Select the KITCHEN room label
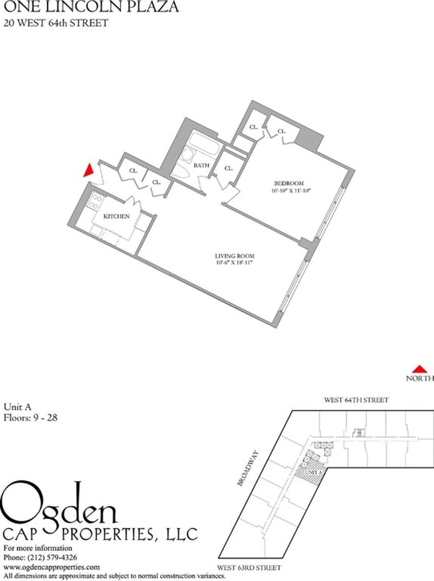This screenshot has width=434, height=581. coord(117,217)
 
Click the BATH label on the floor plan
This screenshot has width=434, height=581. coord(201,166)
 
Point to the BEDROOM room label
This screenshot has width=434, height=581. coord(289,183)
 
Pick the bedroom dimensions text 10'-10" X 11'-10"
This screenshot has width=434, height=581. coord(290,191)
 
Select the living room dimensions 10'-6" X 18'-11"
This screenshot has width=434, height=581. coord(234,263)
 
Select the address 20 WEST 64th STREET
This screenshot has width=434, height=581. coord(48,23)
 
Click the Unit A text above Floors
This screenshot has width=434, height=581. coord(16,407)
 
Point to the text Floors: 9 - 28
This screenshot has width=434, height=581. coord(31,418)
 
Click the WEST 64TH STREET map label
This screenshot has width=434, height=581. coord(356,400)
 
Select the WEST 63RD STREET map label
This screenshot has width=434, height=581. coord(249,567)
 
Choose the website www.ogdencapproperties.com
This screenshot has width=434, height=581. coord(52,566)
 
